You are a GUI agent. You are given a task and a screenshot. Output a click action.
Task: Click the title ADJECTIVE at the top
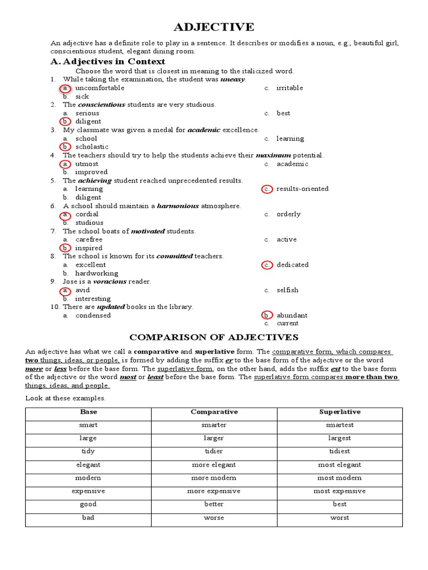click(214, 27)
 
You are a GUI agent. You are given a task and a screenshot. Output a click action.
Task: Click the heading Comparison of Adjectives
click(214, 337)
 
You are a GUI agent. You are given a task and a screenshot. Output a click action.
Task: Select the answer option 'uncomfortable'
click(100, 88)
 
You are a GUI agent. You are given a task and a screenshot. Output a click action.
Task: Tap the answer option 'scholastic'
click(92, 147)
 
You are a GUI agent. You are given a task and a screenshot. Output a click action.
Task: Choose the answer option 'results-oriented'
click(302, 189)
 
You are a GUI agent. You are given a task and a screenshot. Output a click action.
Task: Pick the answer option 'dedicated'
click(292, 265)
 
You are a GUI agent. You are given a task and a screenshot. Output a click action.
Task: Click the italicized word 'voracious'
click(110, 282)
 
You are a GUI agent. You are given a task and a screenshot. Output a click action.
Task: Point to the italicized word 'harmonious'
click(178, 206)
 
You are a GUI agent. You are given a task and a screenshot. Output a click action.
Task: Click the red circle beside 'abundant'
click(267, 315)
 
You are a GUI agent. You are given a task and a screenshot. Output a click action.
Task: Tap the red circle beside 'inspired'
click(65, 248)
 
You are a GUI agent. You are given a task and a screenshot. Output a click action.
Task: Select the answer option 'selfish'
click(287, 290)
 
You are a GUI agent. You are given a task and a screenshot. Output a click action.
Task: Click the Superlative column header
click(339, 412)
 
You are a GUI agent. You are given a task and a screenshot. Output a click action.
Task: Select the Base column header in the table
click(88, 412)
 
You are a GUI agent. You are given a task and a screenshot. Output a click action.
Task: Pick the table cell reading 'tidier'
click(214, 451)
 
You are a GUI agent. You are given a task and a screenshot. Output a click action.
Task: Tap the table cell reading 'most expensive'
click(339, 491)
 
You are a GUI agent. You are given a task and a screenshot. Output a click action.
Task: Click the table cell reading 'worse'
click(214, 518)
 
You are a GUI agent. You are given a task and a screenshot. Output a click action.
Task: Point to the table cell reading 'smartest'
click(339, 425)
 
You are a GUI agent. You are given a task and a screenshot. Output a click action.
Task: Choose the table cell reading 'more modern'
click(214, 478)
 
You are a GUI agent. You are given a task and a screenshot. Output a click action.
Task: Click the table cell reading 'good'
click(88, 504)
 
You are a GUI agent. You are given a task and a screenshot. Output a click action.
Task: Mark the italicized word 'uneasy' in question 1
click(232, 80)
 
